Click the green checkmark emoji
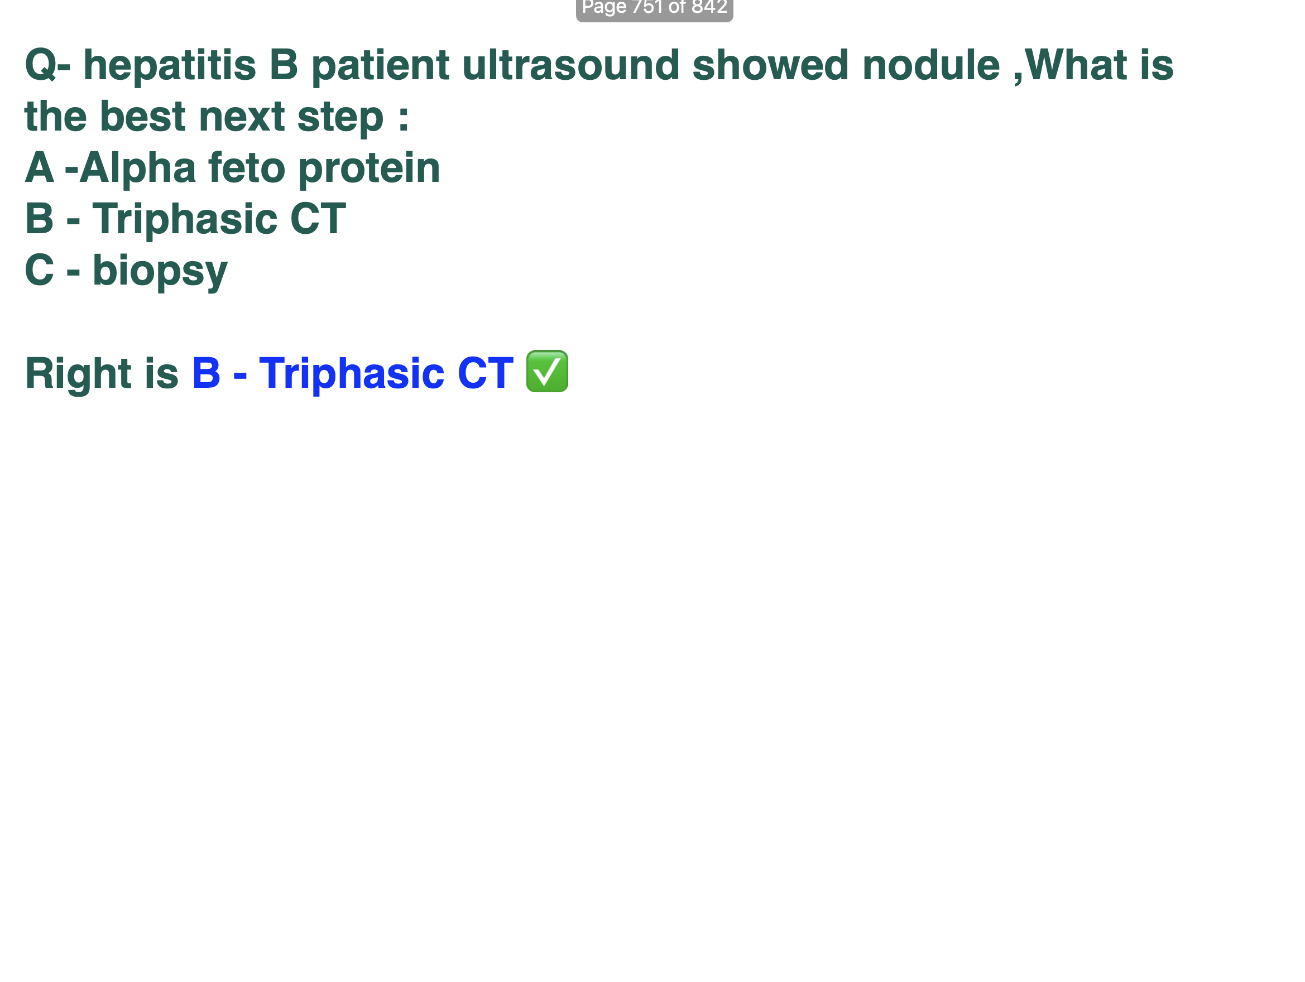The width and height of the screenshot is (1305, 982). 547,371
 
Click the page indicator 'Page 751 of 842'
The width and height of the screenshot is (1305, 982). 654,8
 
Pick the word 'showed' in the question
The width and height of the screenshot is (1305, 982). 770,65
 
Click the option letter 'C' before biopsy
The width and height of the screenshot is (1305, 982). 39,270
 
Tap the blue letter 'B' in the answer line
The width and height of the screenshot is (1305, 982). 206,373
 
